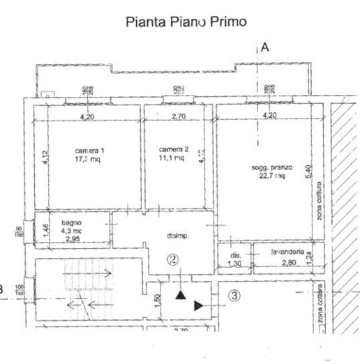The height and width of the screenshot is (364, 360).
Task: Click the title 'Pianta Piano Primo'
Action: tap(186, 22)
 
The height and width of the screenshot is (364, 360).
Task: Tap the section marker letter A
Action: tap(265, 48)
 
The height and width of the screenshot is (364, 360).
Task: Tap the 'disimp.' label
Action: tap(177, 235)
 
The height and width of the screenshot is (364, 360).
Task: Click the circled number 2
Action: tap(173, 260)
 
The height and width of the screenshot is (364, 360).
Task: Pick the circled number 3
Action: tap(234, 295)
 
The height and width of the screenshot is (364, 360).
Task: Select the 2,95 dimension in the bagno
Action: tap(73, 239)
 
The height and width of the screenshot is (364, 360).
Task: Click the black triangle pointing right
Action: tap(199, 305)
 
